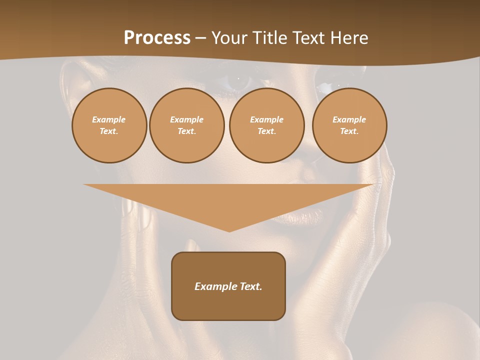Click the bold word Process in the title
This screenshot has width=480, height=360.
pos(157,38)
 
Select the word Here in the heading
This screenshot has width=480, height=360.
pos(349,38)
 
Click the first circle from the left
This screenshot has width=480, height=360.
pos(109,125)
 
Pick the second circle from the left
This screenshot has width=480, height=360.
pos(187,125)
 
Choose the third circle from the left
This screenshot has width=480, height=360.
pos(267,125)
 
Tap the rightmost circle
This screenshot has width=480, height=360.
pos(349,125)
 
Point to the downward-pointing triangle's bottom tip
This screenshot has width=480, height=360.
pos(229,231)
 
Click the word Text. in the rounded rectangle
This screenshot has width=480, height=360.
pos(251,286)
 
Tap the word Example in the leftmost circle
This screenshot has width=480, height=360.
pos(109,119)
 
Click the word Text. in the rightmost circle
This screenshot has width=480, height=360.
pos(349,131)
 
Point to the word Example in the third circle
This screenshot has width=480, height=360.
pos(267,119)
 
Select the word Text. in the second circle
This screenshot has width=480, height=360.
pos(187,131)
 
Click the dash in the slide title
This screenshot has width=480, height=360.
pos(201,38)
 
